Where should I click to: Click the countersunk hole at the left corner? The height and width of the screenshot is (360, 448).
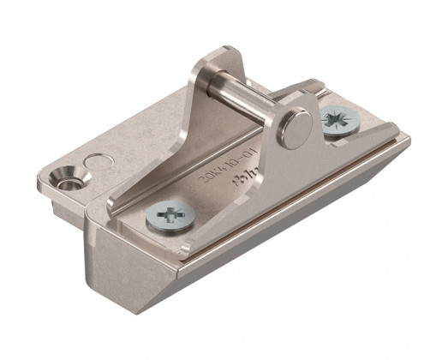coord(64,178)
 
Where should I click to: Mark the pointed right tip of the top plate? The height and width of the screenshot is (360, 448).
coord(409,137)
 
